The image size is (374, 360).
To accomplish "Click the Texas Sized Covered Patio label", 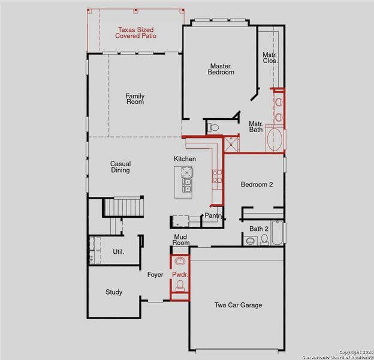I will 136,32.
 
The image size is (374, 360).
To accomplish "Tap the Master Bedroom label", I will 221,69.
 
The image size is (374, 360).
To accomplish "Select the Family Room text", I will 135,99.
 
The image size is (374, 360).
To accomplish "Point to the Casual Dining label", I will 120,167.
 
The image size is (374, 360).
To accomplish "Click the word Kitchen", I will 185,158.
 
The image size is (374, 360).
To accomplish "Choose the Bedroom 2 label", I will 257,185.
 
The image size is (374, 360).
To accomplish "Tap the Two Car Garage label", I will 238,305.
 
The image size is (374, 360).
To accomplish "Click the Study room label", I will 114,292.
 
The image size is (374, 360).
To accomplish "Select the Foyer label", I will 155,275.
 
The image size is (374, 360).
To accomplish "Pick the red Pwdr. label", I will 180,274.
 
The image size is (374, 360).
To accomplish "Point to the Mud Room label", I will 181,240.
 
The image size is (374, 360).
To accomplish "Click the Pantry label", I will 213,215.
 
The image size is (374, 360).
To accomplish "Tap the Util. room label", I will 118,251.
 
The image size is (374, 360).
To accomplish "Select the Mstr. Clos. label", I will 270,58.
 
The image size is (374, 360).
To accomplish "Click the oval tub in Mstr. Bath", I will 275,139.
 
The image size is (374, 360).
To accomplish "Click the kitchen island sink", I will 188,182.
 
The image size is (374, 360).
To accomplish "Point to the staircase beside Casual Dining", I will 125,207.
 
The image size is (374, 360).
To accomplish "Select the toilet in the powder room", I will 180,286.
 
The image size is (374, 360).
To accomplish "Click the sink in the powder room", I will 180,262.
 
